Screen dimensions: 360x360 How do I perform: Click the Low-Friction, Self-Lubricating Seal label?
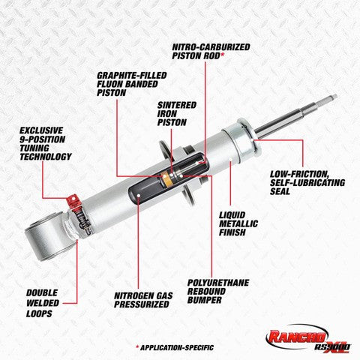tap(307, 183)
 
